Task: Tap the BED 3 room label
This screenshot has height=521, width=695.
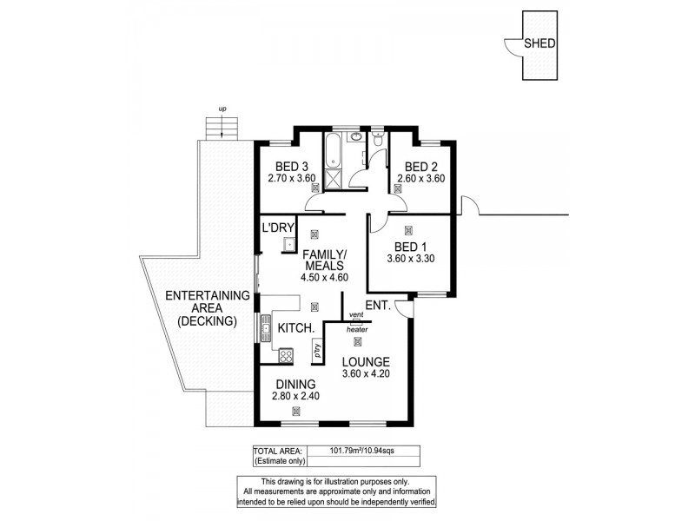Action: coord(292,168)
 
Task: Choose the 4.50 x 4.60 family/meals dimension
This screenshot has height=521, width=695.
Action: coord(324,278)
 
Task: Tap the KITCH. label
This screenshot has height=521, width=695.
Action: coord(296,329)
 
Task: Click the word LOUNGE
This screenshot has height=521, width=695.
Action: coord(365,361)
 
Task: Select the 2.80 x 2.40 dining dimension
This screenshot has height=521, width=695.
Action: coord(295,395)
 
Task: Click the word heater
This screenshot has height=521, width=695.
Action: coord(356,329)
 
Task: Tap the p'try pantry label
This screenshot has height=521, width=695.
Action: coord(317,353)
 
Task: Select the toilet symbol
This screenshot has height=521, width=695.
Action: coord(377,141)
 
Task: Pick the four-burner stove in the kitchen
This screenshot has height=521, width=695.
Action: coord(286,355)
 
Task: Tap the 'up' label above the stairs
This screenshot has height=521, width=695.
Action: coord(222,109)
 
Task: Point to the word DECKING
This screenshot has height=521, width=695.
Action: coord(206,320)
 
